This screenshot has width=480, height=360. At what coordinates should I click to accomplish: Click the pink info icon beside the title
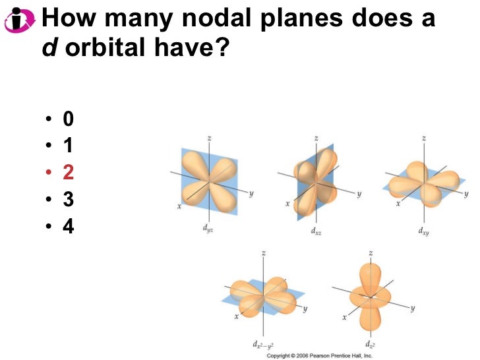(19, 20)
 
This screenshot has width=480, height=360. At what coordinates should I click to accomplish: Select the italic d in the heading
(48, 48)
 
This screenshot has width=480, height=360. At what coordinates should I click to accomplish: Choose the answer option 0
(69, 119)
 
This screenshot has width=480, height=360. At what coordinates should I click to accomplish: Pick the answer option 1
(69, 146)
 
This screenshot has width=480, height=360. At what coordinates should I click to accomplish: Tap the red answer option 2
(69, 173)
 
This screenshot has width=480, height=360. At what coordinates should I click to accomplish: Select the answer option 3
(69, 200)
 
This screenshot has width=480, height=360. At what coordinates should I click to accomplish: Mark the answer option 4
(69, 227)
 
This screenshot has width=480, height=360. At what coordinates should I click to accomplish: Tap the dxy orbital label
(424, 231)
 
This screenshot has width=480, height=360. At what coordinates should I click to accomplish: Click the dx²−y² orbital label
(264, 344)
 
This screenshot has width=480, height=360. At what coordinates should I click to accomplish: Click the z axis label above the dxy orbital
(423, 138)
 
